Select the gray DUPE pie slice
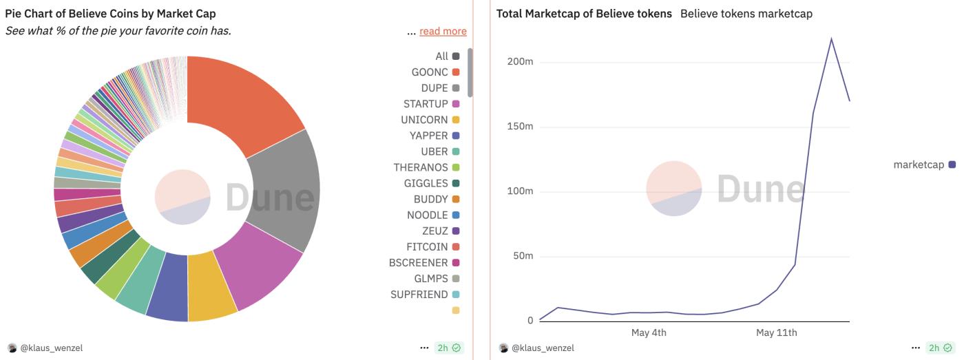tap(286, 189)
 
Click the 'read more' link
tap(443, 31)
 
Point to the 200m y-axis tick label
tap(520, 62)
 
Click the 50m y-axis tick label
tap(522, 256)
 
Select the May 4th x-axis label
tap(649, 333)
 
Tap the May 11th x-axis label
tap(776, 333)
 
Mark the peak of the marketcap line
tap(831, 39)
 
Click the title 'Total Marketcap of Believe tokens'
tap(584, 14)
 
